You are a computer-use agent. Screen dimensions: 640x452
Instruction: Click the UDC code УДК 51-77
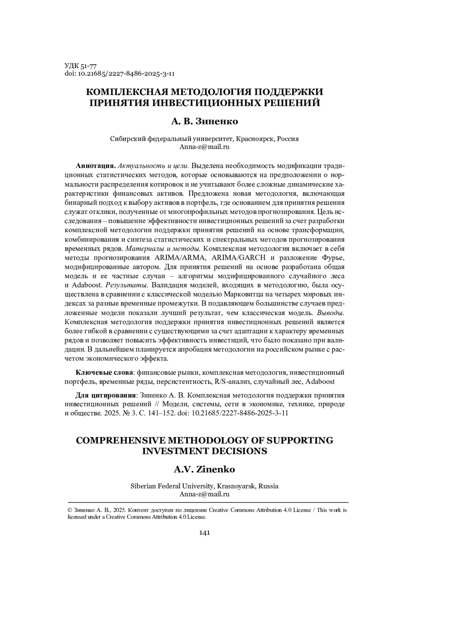[81, 66]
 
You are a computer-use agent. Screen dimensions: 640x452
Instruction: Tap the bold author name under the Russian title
[205, 122]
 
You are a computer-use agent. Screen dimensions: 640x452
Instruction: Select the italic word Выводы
[330, 313]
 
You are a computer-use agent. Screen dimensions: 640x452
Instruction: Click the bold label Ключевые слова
[104, 372]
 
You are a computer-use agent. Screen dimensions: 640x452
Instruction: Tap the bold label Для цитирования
[105, 395]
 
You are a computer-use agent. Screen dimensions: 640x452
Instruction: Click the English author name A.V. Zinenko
[204, 470]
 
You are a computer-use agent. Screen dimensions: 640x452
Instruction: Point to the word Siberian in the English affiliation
[143, 486]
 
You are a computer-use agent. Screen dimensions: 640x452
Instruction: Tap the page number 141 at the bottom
[204, 533]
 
